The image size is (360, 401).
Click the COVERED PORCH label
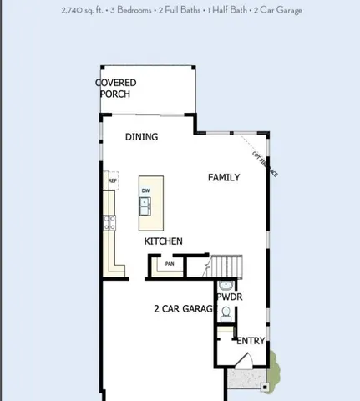[115, 88]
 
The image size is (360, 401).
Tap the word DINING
[141, 137]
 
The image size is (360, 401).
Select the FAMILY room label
[224, 177]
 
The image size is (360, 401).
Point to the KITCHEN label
[164, 241]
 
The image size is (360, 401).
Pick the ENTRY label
[251, 341]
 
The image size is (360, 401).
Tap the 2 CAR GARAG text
[184, 308]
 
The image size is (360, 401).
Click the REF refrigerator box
[112, 180]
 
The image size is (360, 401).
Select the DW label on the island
[145, 191]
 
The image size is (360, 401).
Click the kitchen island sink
[145, 205]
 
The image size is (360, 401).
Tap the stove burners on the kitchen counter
[109, 221]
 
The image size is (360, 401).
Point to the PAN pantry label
[170, 264]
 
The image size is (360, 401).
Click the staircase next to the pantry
[226, 266]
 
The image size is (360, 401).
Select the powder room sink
[225, 285]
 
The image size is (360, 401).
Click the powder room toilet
[225, 313]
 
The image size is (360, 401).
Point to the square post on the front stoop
[265, 387]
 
